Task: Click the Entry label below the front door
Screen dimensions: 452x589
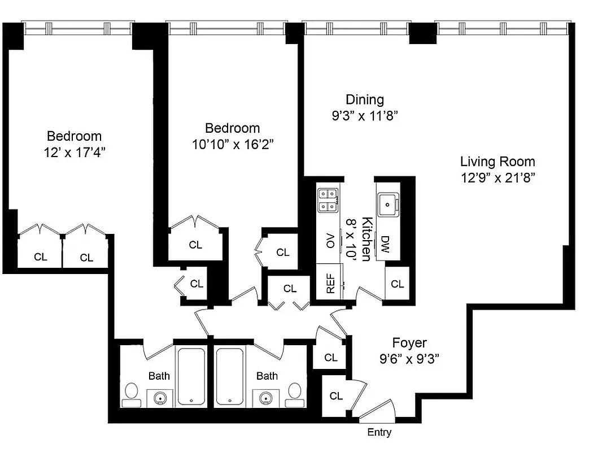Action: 379,433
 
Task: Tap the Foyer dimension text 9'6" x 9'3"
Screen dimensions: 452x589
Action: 409,358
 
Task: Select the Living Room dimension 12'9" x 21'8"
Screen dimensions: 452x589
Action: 497,177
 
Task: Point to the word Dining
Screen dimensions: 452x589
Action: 364,100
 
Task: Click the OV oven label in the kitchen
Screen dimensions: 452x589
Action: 331,240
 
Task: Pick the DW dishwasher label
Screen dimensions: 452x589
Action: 385,244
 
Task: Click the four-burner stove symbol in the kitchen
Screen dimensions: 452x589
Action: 328,200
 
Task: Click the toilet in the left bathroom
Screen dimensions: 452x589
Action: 132,393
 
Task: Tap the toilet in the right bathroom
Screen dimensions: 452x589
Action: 295,393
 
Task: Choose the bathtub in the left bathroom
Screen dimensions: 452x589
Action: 191,376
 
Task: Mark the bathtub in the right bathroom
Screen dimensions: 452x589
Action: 230,376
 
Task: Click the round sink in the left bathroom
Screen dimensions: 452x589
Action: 161,398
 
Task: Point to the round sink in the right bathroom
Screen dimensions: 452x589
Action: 265,398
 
